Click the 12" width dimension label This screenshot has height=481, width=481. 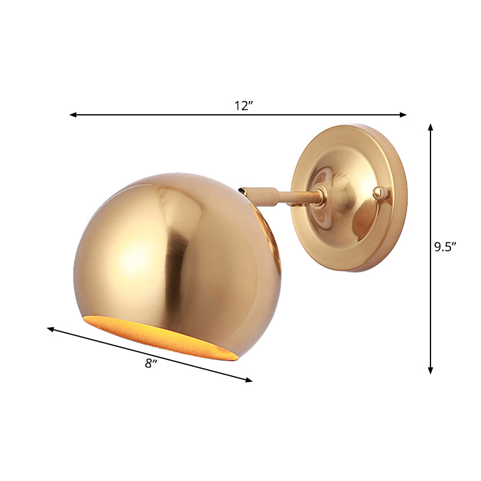click(x=244, y=106)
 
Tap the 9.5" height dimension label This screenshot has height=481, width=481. click(x=446, y=247)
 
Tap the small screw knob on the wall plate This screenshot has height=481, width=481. click(x=378, y=192)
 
